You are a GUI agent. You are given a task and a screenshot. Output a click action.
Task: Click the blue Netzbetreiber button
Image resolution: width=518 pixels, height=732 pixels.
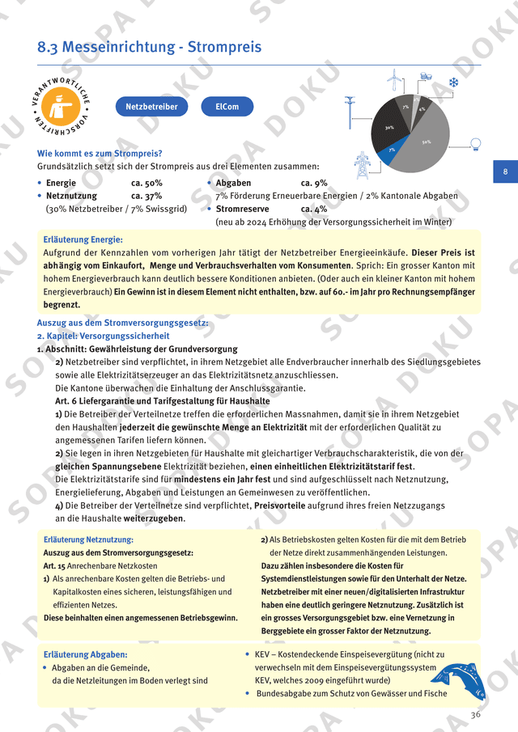(151, 106)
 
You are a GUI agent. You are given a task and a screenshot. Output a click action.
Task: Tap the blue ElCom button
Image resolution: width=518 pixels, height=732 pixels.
(227, 106)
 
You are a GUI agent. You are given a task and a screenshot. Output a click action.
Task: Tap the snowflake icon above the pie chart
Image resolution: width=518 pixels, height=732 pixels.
(454, 83)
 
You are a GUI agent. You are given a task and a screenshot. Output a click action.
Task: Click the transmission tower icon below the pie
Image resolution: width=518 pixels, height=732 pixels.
(362, 165)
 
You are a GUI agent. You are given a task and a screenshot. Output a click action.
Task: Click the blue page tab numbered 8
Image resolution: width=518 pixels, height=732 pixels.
(505, 171)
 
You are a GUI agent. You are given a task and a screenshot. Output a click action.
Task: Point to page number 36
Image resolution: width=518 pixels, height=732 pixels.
(476, 714)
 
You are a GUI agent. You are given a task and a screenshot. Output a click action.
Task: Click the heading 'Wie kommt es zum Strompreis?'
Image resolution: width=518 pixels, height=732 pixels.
(100, 154)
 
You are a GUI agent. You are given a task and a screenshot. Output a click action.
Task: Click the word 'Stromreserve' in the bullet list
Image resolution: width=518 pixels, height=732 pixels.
(242, 209)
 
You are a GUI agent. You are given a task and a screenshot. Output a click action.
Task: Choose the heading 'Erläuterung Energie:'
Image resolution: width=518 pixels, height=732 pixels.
(83, 239)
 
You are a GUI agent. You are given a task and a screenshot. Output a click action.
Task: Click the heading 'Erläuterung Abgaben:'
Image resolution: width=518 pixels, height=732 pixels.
(85, 654)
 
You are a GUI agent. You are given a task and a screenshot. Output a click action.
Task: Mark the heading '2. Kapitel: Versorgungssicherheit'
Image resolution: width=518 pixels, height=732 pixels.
(104, 336)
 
